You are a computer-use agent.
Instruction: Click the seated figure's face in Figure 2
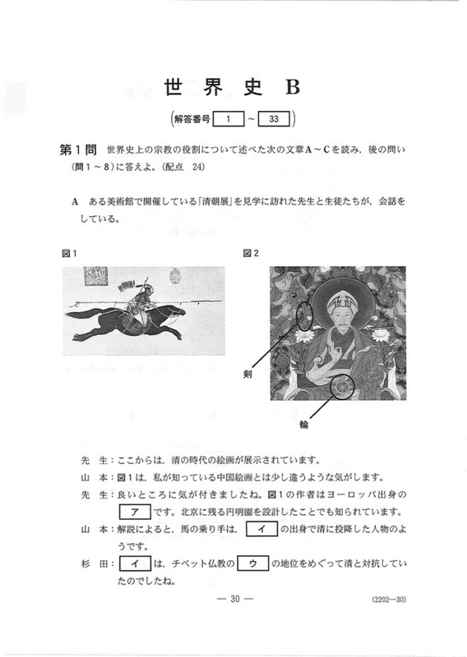click(340, 314)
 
